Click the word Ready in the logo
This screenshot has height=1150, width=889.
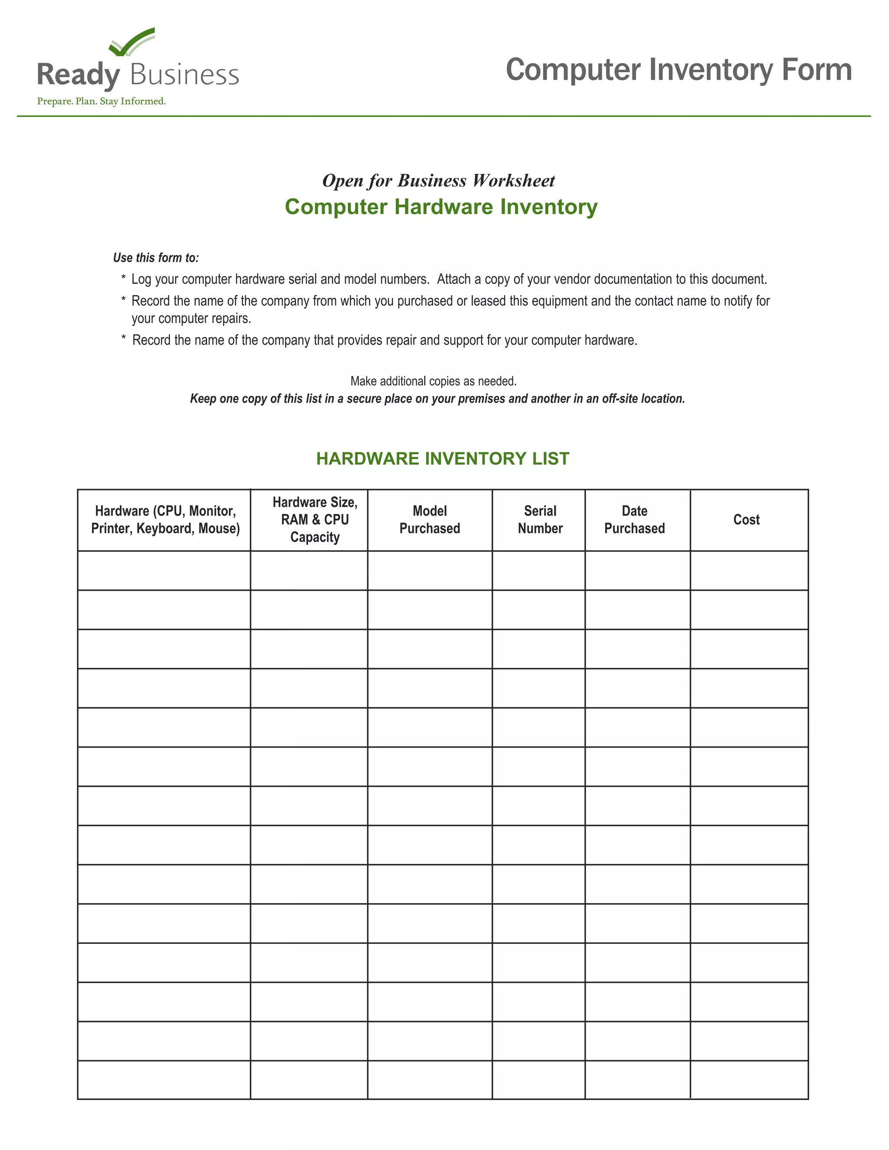pos(79,75)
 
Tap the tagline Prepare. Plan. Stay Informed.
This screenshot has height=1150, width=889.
pos(101,101)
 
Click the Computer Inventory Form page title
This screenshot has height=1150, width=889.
pos(678,69)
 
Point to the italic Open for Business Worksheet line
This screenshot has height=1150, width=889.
pos(438,181)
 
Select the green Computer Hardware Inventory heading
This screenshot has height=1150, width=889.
pos(441,207)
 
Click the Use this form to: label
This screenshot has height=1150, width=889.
pos(156,257)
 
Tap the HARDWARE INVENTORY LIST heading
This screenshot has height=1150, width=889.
pos(442,459)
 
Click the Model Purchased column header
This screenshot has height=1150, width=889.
pos(430,520)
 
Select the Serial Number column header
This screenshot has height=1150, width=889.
pos(540,520)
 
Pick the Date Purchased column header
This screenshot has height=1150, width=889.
pos(634,520)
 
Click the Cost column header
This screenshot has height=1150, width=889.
pos(746,520)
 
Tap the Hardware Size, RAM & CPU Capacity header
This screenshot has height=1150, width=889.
pos(315,520)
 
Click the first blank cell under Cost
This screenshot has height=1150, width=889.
pos(749,571)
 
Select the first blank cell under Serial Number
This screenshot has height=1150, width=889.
pos(538,571)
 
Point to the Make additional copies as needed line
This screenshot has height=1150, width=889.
pos(434,381)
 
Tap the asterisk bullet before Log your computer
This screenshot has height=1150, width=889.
pos(123,278)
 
